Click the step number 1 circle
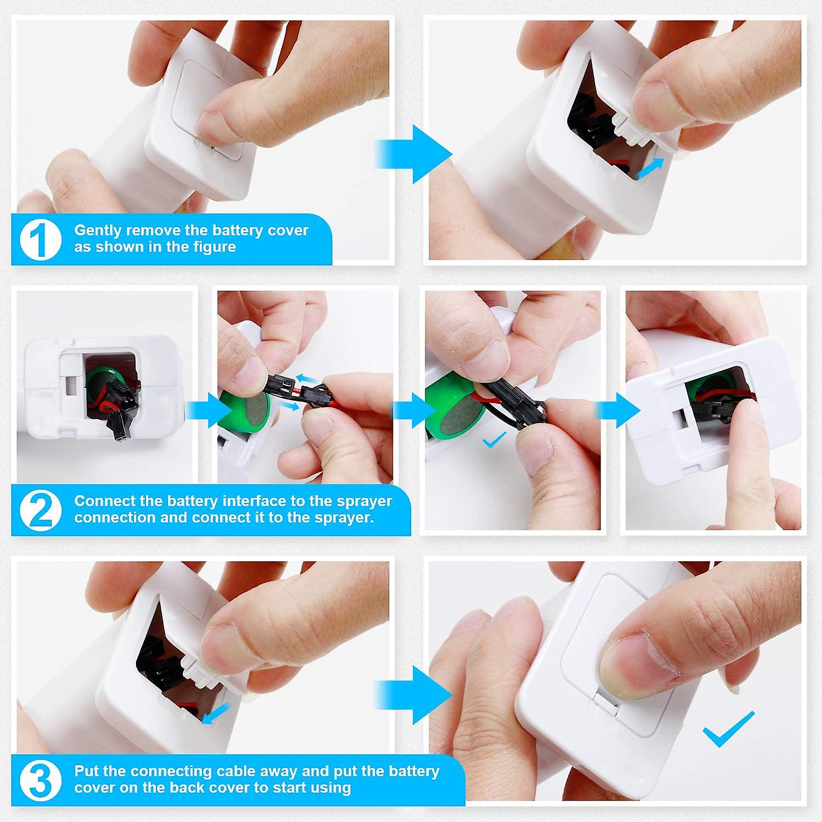click(x=41, y=240)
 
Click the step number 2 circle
click(x=41, y=510)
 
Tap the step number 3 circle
click(x=41, y=780)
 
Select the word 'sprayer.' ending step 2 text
click(x=347, y=517)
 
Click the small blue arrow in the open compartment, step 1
click(x=650, y=168)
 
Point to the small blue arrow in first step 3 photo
click(x=215, y=714)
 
